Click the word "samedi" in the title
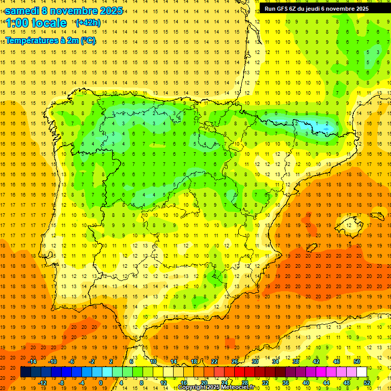point(23,11)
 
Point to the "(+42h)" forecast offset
point(88,23)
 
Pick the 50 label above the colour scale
point(356,361)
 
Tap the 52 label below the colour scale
point(367,383)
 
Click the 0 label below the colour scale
point(101,383)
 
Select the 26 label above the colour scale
point(235,361)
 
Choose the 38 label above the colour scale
point(296,361)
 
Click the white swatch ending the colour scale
point(361,372)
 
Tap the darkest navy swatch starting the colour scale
point(25,372)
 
